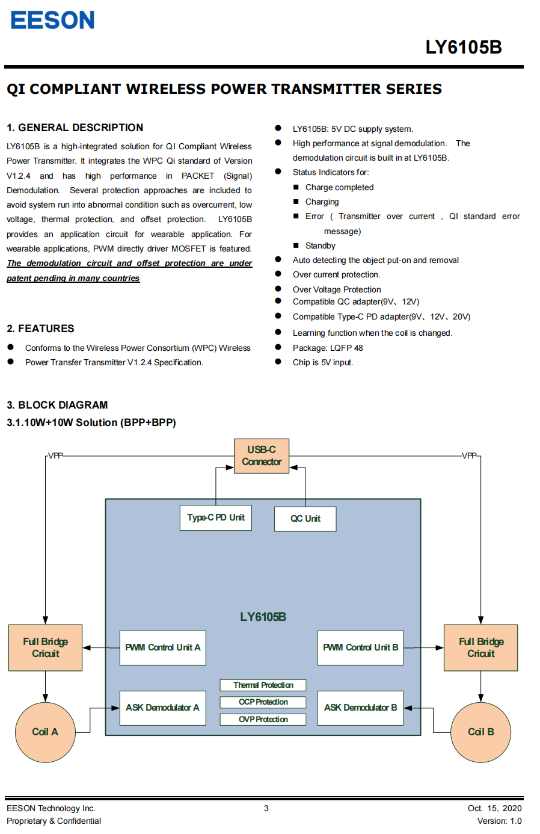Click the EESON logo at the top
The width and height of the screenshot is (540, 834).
(52, 20)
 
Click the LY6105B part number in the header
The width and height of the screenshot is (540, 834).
(463, 47)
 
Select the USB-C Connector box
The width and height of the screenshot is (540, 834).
(262, 456)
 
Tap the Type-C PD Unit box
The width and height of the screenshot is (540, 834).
(215, 517)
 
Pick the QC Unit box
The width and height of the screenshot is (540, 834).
(305, 519)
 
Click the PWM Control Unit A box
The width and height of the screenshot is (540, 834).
(162, 647)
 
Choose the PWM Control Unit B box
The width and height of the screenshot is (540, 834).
(360, 647)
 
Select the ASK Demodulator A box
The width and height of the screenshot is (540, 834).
(162, 708)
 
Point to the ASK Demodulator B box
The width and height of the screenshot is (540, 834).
(360, 708)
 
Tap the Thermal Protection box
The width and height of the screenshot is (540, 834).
(263, 685)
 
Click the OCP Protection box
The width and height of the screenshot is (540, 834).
(263, 702)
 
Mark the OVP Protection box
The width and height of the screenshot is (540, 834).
(263, 719)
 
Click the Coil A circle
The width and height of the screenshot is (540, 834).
(45, 732)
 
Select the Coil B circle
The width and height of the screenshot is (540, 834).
(480, 732)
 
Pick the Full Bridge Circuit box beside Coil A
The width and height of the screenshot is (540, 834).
(45, 647)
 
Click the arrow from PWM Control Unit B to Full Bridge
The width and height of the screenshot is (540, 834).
(423, 647)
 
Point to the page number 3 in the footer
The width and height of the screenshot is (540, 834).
(266, 808)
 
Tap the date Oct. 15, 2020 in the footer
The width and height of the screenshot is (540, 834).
(494, 808)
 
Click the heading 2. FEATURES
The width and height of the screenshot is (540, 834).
(40, 329)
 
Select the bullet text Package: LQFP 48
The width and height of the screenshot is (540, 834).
(328, 348)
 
